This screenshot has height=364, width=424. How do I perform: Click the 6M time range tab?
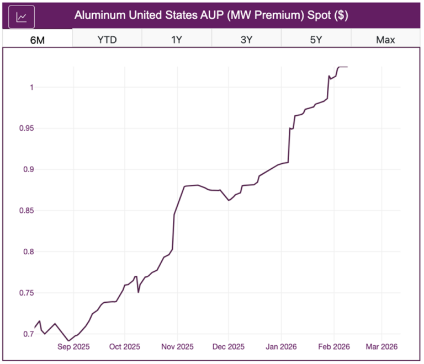[x=38, y=40]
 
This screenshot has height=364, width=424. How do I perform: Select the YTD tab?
[x=107, y=40]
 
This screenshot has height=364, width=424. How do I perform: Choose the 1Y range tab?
[x=177, y=40]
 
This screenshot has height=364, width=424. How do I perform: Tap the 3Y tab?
[x=246, y=40]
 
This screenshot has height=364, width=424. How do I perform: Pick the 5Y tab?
[x=316, y=40]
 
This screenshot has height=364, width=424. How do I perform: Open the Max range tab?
[x=385, y=40]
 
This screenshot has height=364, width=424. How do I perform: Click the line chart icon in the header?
[x=22, y=17]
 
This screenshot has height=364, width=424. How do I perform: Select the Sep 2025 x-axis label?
[x=73, y=347]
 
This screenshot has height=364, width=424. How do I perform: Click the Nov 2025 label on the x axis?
[x=178, y=347]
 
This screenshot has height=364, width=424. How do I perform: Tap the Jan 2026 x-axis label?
[x=281, y=347]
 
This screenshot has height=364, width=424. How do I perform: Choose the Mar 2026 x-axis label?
[x=382, y=347]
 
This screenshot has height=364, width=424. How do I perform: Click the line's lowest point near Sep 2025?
[x=68, y=341]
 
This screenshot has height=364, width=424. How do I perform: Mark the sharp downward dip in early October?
[x=138, y=292]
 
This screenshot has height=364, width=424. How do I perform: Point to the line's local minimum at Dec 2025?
[x=229, y=200]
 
